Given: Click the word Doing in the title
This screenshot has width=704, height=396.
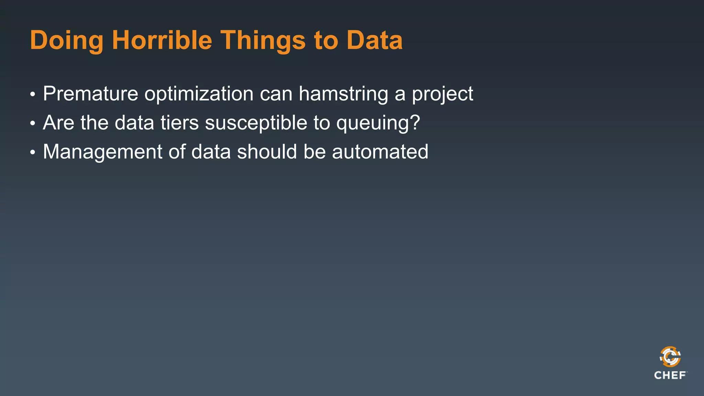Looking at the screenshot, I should click(66, 41).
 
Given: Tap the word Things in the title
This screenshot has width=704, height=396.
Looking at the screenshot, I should click(263, 41).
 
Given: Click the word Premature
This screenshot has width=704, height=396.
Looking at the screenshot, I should click(90, 93).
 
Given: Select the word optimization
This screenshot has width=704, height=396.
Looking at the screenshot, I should click(199, 94).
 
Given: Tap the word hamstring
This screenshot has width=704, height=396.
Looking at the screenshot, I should click(343, 94).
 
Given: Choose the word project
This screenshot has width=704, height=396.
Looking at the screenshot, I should click(442, 94).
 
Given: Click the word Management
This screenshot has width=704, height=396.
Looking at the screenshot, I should click(102, 152).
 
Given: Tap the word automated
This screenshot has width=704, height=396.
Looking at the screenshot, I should click(380, 152).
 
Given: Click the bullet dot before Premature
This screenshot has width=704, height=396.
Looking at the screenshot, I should click(33, 94).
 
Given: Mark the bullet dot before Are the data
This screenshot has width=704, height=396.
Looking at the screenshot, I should click(33, 123).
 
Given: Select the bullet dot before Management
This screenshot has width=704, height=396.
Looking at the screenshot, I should click(33, 152).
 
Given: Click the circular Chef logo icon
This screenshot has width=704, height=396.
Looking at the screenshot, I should click(670, 357).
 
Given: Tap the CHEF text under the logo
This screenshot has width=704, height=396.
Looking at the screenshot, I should click(670, 375).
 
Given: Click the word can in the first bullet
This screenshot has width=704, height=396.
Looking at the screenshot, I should click(276, 94).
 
